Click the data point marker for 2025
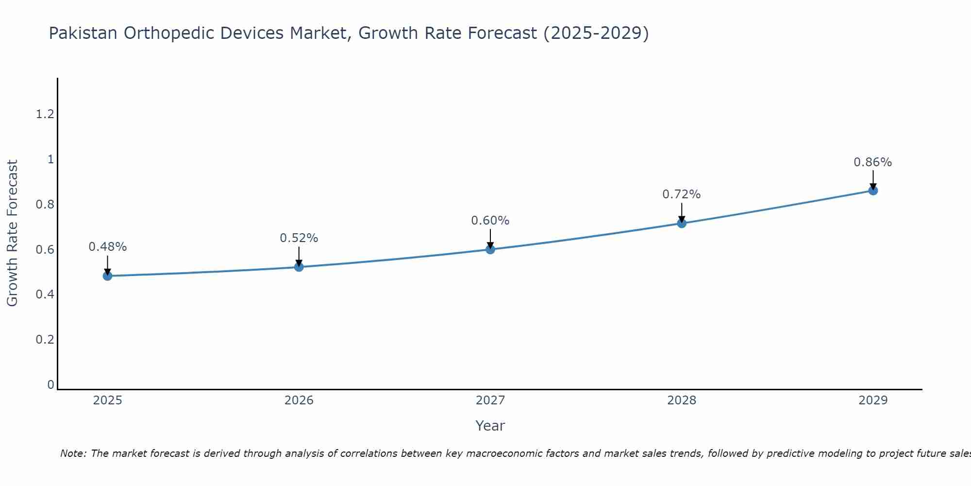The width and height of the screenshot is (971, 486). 107,276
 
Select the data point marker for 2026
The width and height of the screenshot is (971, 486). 299,267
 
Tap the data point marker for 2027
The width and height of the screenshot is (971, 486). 490,249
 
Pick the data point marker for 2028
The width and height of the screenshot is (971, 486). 681,223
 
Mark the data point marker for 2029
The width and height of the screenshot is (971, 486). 873,191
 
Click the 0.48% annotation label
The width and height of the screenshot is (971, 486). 107,247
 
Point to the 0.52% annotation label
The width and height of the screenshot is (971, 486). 299,238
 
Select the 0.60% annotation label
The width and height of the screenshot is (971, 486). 490,221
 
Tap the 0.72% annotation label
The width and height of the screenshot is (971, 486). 681,194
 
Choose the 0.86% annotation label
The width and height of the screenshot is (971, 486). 872,162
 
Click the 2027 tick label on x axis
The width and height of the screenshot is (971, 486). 490,400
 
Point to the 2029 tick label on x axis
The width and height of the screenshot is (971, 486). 872,400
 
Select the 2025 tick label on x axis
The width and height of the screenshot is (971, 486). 107,400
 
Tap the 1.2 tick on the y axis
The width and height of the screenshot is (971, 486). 45,114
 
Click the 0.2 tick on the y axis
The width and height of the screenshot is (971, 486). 45,339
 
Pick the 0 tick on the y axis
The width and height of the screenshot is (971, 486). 50,385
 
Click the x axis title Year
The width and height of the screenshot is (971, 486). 490,426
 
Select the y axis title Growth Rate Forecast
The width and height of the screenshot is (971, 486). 12,233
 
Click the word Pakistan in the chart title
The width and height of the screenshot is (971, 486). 83,33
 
